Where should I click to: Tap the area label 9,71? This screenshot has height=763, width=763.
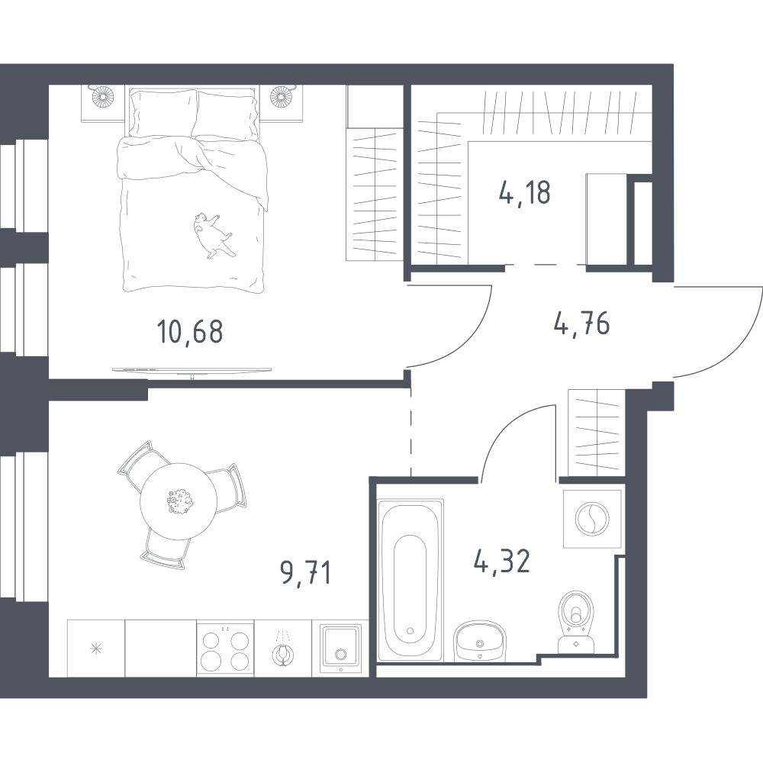(x=306, y=572)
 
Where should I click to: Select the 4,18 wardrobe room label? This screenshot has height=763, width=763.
(x=525, y=192)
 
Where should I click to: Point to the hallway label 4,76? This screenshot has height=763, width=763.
(x=581, y=324)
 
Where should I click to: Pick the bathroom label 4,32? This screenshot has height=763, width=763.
(x=502, y=561)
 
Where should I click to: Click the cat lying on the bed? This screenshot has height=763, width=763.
(x=213, y=234)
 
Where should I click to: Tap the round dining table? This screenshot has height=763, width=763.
(x=179, y=502)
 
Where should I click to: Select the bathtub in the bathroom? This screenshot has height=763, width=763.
(x=410, y=580)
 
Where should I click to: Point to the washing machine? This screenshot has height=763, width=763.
(x=592, y=519)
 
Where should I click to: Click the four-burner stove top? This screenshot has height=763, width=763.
(x=225, y=649)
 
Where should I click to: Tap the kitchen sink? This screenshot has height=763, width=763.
(x=340, y=648)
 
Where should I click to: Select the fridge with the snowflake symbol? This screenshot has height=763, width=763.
(x=96, y=648)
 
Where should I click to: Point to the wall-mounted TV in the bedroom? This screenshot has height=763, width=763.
(x=192, y=370)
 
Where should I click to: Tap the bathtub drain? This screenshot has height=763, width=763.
(x=410, y=631)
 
